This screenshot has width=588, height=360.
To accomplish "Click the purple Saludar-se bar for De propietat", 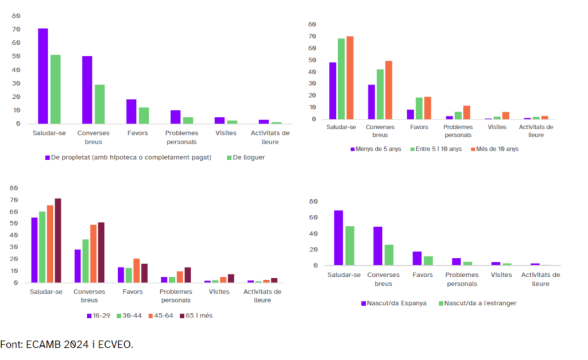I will pyautogui.click(x=43, y=76).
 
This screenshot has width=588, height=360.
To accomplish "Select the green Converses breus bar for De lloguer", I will pyautogui.click(x=100, y=104).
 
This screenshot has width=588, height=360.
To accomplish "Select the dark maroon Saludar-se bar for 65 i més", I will pyautogui.click(x=57, y=241).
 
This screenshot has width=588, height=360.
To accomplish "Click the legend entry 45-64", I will pyautogui.click(x=164, y=316).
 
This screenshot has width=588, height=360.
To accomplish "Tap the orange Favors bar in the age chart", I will pyautogui.click(x=136, y=270).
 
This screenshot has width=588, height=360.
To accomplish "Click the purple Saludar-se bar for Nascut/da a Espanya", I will pyautogui.click(x=338, y=238).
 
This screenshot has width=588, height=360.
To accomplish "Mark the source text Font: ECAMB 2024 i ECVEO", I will pyautogui.click(x=67, y=344).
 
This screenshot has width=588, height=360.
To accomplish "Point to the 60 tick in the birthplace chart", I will pyautogui.click(x=313, y=218).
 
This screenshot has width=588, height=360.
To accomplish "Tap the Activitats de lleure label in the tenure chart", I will pyautogui.click(x=270, y=137).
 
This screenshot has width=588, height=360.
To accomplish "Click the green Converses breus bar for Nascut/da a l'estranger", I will pyautogui.click(x=389, y=255).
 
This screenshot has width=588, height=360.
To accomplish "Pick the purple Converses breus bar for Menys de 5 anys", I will pyautogui.click(x=372, y=102).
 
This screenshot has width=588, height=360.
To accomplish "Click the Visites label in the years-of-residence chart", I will pyautogui.click(x=497, y=127).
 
